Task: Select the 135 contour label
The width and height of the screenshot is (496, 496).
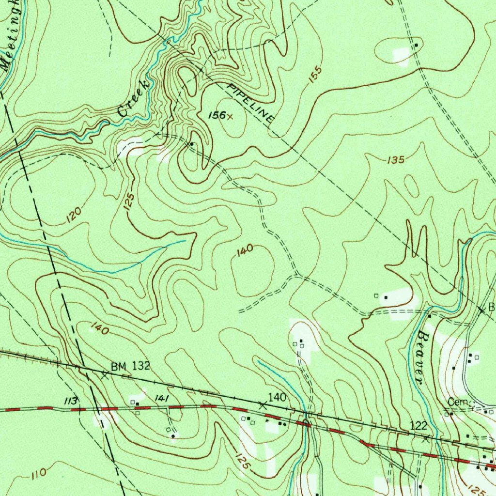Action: point(395,160)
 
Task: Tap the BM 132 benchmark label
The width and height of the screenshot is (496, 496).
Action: point(130,367)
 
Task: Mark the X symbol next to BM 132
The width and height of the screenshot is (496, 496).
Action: point(105,375)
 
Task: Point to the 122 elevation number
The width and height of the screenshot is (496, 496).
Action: point(418,425)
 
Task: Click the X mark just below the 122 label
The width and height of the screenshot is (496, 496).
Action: point(426,439)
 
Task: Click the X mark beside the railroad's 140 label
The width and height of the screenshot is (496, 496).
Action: point(263,405)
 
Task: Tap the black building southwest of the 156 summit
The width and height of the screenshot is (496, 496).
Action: point(192,144)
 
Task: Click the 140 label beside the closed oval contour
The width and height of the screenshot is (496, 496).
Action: point(245,249)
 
